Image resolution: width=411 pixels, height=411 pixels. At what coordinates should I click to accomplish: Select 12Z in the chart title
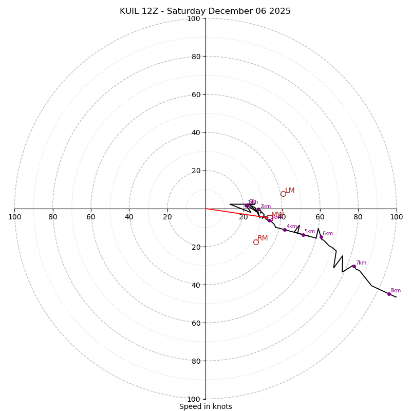152,11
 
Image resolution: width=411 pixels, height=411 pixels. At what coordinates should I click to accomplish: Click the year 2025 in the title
278,11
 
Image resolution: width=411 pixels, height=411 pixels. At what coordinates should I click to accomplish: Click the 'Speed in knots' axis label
206,406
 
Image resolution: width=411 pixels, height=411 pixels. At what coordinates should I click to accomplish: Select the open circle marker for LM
283,194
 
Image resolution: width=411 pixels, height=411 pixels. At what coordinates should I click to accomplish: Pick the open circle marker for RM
256,242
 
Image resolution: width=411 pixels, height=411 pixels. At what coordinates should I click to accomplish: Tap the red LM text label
290,191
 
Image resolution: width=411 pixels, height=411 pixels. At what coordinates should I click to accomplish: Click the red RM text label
263,238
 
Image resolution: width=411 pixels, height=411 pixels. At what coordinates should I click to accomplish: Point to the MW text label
277,215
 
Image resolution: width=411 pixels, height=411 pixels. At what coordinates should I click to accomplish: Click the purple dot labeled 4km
285,230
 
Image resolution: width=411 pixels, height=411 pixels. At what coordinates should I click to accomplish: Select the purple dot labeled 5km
303,235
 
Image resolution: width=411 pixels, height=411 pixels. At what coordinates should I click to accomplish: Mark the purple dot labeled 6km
321,237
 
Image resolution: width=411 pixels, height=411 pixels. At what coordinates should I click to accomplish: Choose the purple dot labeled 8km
389,294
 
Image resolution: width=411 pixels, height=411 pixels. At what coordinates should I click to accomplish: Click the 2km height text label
265,207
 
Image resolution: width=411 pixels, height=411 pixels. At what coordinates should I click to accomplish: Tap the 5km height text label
309,232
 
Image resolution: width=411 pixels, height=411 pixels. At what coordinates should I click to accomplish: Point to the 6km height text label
327,234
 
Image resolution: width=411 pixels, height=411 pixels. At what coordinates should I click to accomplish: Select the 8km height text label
395,291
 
